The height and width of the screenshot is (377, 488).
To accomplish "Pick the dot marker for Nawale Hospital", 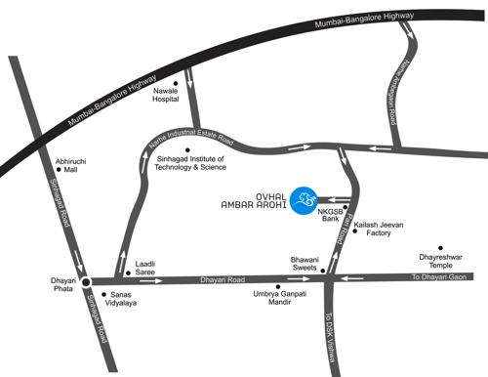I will [175, 82].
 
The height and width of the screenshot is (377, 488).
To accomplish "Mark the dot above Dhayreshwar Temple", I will [441, 248].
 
